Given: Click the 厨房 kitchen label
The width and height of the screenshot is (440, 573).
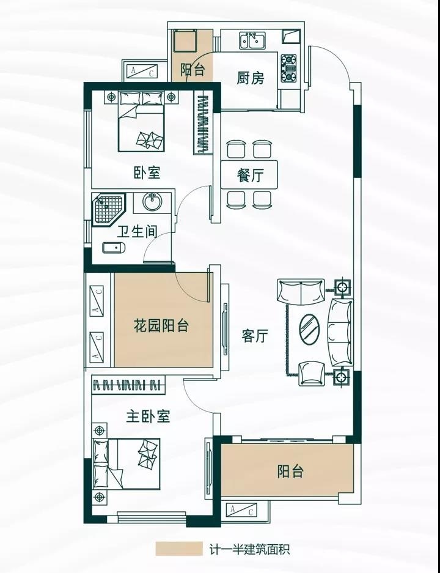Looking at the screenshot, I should point(250,78).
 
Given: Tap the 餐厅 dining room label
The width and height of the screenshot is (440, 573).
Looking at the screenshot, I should point(250,176).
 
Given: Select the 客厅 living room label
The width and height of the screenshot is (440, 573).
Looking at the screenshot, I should point(255,336).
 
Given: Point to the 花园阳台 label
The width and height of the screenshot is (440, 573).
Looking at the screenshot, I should point(161,325).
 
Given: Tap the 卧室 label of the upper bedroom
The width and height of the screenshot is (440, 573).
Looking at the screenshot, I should point(147,172).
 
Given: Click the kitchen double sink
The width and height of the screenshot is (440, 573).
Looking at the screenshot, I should point(252,41).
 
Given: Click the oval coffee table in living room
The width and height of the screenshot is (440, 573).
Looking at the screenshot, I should point(310,329).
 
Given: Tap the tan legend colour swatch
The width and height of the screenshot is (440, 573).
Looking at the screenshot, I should point(178,548).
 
